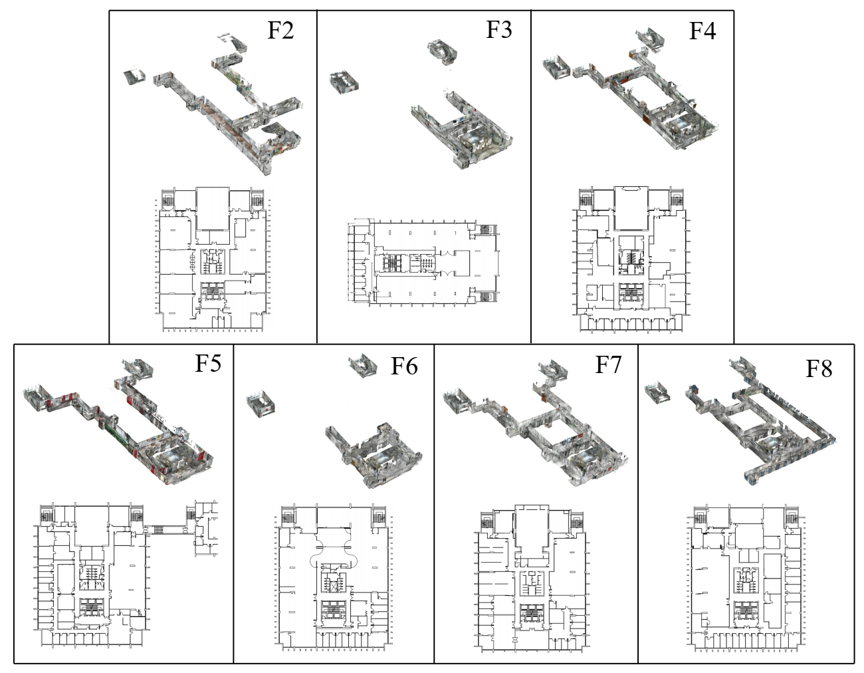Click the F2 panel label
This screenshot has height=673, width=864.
(280, 31)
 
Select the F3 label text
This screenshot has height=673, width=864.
(498, 30)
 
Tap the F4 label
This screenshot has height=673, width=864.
(702, 31)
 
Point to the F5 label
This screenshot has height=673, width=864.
(207, 364)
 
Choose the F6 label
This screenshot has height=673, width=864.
(404, 366)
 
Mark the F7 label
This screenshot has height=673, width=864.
(607, 364)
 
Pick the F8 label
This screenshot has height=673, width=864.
(818, 368)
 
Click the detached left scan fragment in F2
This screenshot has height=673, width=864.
(136, 76)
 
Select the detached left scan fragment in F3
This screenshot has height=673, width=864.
(344, 81)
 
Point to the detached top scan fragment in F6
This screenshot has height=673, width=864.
(362, 365)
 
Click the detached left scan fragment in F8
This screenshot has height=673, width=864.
(659, 392)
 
